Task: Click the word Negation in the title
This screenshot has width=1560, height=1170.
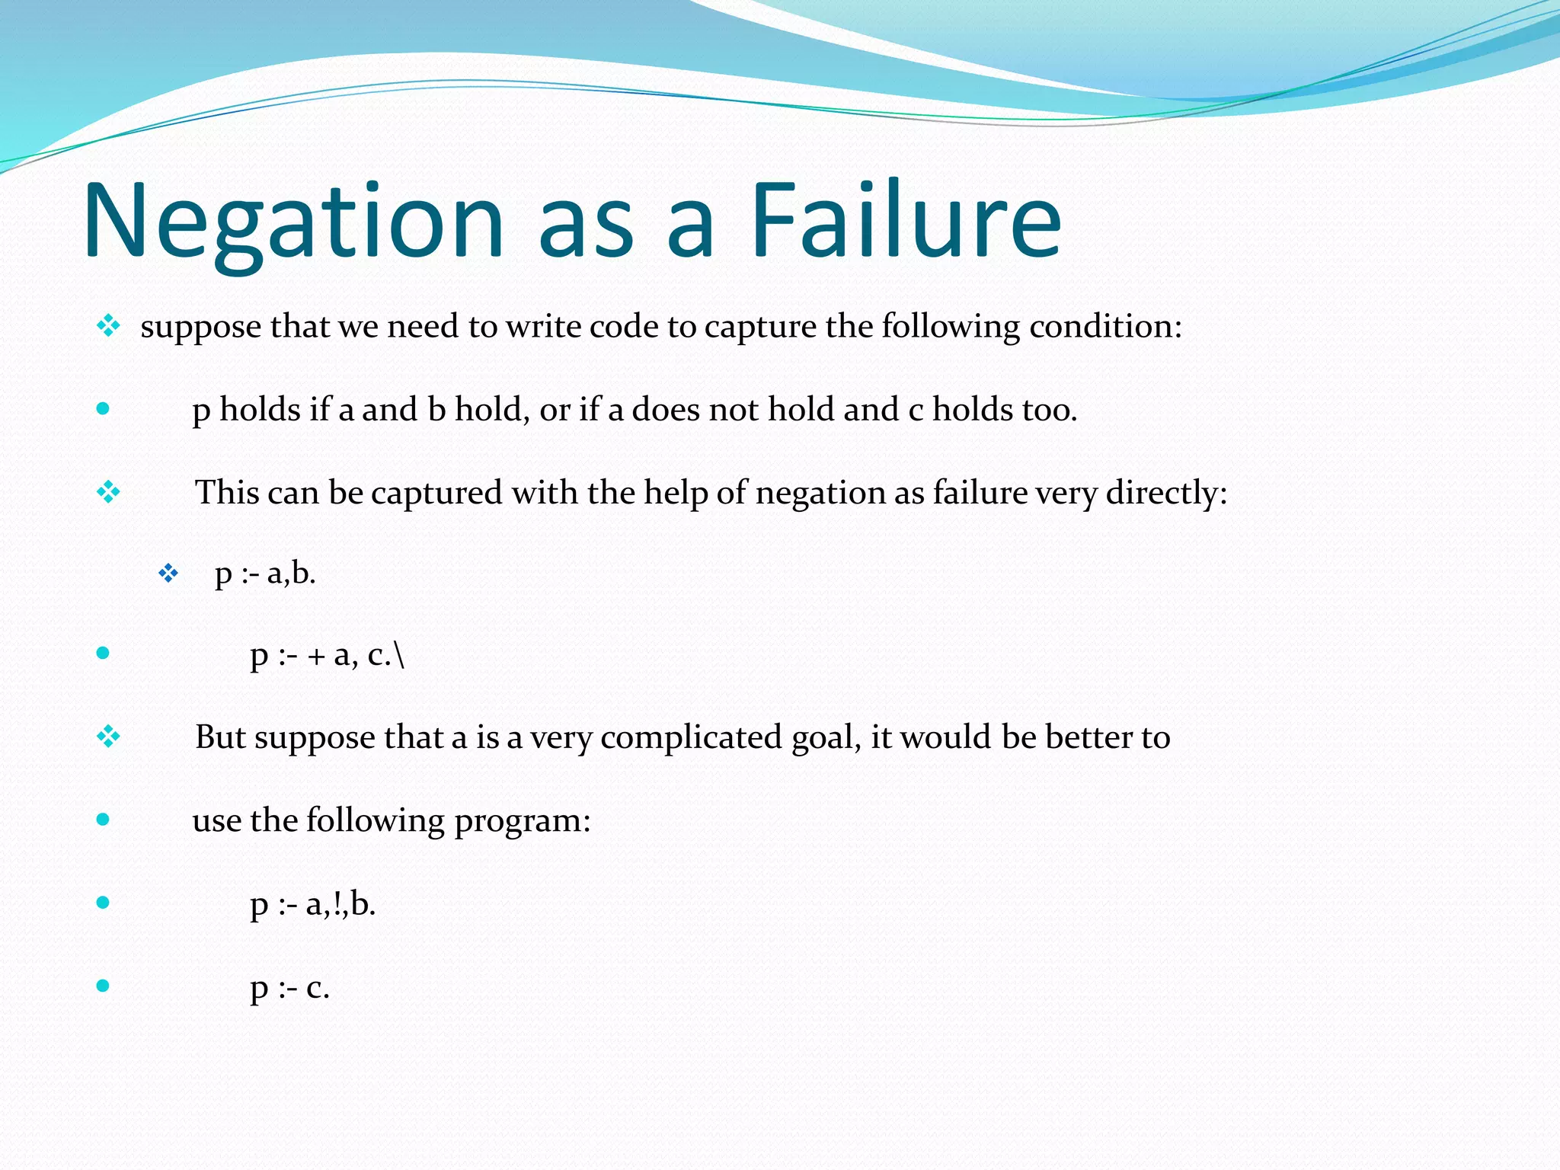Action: (293, 221)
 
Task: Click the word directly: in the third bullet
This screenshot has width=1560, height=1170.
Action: (1166, 494)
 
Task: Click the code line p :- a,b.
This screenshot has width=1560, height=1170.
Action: (265, 574)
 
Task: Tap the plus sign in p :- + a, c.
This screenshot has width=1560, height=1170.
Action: (316, 657)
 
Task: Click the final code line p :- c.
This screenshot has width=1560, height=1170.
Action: (289, 988)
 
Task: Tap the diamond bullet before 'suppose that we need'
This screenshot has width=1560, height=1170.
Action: (108, 327)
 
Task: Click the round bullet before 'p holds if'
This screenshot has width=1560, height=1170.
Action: (103, 409)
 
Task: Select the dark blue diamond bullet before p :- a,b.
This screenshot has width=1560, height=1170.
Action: (168, 573)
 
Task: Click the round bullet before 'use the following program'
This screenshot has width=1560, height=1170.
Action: (103, 820)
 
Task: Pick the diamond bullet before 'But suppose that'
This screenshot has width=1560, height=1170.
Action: (108, 737)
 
